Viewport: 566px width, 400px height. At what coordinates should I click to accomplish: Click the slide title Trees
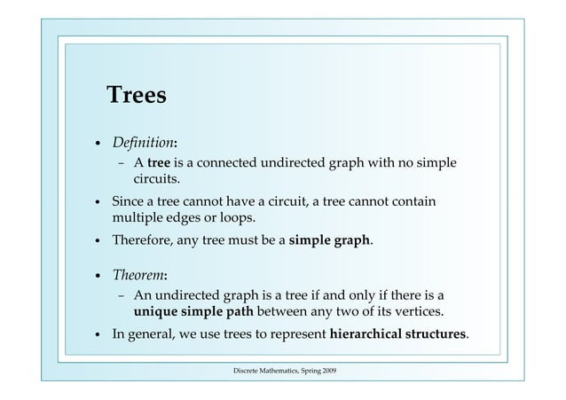pos(136,96)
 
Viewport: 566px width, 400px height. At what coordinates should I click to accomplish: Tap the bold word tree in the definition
pos(159,163)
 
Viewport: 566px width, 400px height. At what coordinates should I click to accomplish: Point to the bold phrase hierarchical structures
pos(398,334)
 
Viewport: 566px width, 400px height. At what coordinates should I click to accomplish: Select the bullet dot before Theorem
pos(98,275)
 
